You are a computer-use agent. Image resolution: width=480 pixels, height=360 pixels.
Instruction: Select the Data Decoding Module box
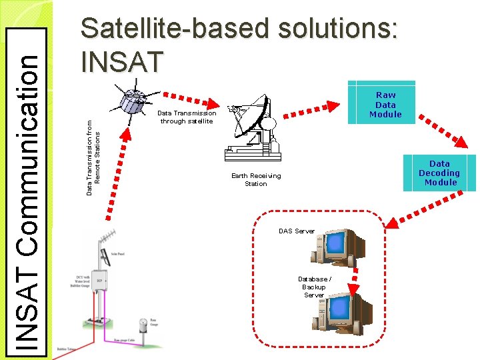(439, 172)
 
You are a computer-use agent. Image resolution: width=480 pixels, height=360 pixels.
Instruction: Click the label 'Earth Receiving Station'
(256, 180)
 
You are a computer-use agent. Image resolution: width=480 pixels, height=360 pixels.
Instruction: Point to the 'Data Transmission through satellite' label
(187, 117)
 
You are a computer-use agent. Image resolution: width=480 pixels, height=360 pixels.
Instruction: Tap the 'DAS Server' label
(296, 231)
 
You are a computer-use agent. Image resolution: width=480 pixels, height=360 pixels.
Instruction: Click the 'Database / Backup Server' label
(314, 287)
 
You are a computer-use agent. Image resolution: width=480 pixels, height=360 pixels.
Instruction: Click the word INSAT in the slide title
(121, 61)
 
